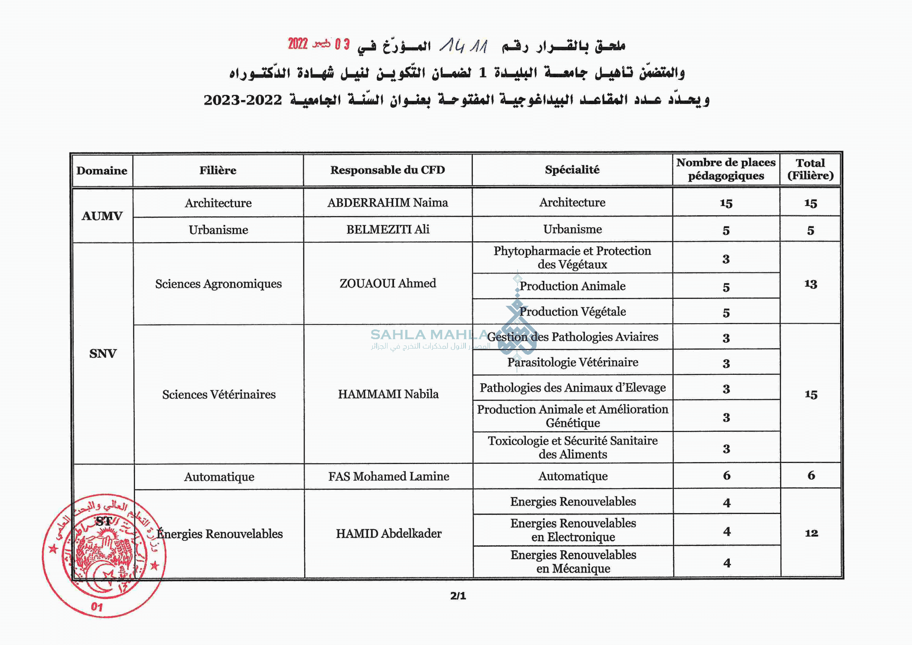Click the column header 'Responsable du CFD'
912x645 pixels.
(387, 170)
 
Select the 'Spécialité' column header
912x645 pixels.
(572, 170)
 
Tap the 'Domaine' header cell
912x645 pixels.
(102, 170)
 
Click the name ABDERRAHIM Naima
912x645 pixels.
(387, 203)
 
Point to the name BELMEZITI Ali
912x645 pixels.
(387, 229)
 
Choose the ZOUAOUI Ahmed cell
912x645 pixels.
(387, 283)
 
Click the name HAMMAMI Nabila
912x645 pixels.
(388, 394)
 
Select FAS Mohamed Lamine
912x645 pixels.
(388, 476)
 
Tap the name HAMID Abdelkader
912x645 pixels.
(388, 533)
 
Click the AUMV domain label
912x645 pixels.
(102, 216)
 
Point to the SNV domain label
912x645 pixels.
(103, 353)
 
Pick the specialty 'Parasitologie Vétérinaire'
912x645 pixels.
(573, 362)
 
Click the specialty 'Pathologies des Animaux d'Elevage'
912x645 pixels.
(573, 388)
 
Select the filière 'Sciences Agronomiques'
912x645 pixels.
(218, 284)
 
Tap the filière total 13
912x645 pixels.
(810, 284)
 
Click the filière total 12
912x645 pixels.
(811, 533)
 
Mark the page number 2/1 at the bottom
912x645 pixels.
(458, 596)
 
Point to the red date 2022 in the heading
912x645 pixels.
(297, 44)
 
